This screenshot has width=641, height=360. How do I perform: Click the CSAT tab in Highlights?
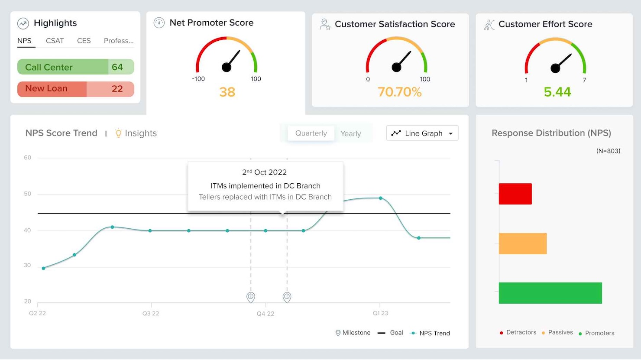click(x=55, y=41)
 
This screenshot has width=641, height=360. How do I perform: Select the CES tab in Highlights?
click(x=84, y=41)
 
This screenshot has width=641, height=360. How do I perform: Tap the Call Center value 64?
click(x=117, y=67)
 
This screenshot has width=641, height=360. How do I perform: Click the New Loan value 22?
click(x=117, y=89)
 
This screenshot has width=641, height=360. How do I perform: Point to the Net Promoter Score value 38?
click(x=227, y=92)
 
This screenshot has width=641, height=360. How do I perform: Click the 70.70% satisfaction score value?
click(x=399, y=92)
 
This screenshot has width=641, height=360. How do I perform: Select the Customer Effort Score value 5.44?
click(x=557, y=92)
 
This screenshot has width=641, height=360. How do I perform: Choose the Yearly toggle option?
click(x=350, y=133)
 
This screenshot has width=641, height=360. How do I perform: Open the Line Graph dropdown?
click(x=422, y=133)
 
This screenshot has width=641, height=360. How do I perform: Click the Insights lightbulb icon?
click(x=118, y=133)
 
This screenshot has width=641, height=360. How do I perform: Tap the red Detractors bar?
click(x=515, y=194)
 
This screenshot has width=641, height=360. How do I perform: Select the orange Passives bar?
click(x=522, y=243)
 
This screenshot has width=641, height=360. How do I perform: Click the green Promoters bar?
click(x=550, y=293)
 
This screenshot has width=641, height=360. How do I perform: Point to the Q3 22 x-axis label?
click(x=151, y=313)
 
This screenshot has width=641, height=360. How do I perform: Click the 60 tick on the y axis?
click(x=28, y=158)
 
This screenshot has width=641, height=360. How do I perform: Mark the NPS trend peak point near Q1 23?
click(x=381, y=198)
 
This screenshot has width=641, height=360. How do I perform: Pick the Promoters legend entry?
click(x=599, y=333)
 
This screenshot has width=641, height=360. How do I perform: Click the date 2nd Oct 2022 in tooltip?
click(x=265, y=172)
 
